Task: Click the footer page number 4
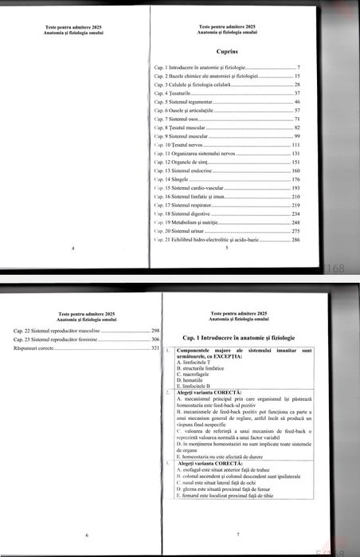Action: pos(73,249)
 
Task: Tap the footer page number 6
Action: pos(86,535)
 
